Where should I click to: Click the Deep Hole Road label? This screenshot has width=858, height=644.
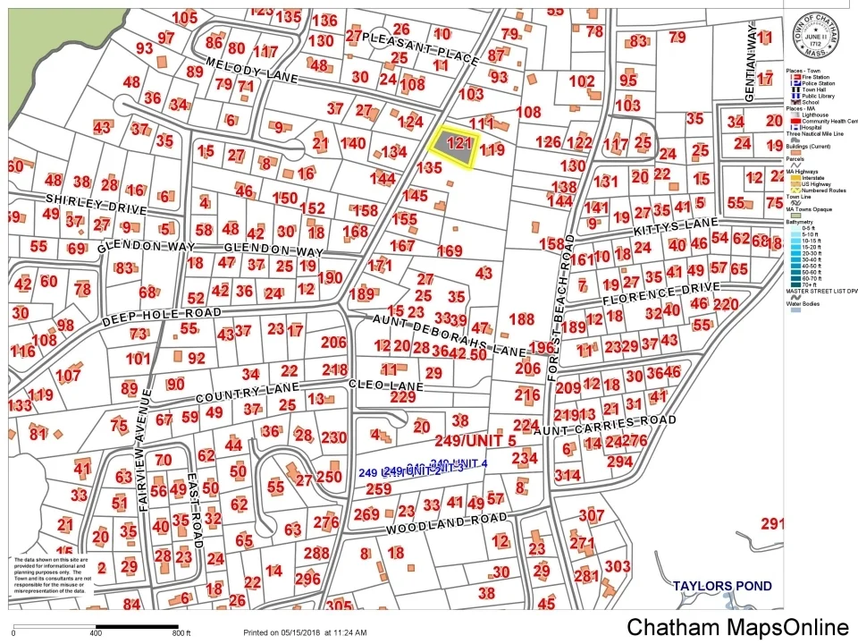pos(161,313)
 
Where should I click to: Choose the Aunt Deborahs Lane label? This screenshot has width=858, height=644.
pos(450,335)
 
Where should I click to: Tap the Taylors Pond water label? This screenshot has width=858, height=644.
pos(723,587)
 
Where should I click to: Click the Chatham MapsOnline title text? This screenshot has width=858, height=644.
pos(737,627)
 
